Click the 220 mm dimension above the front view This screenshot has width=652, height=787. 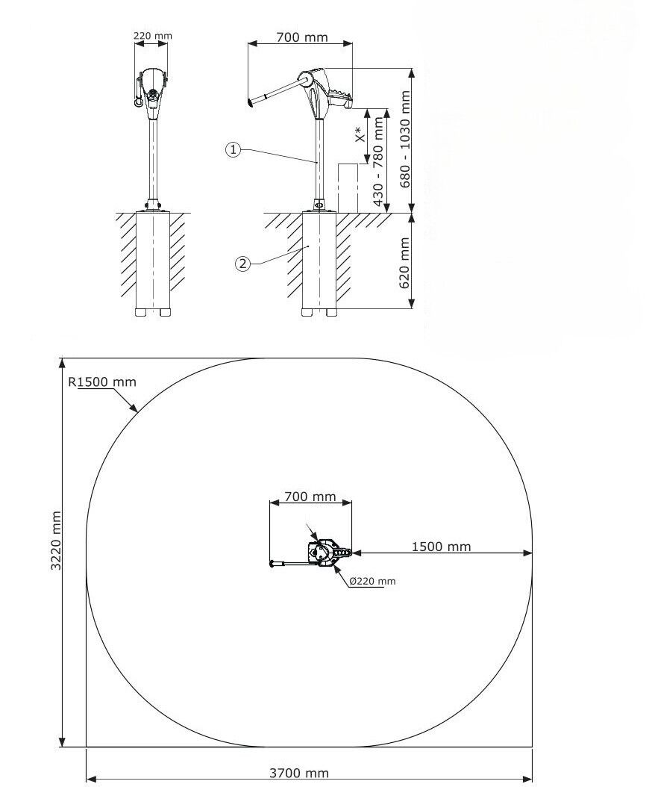(x=152, y=36)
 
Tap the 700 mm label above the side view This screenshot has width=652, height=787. (x=302, y=37)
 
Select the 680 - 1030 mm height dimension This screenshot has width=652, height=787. (x=405, y=139)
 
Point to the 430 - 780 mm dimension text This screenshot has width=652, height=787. (x=379, y=161)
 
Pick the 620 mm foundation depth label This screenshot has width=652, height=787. (x=404, y=263)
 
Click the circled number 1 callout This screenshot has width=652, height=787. (x=233, y=149)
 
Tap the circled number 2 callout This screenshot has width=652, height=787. (x=242, y=264)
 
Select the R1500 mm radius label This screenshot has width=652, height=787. (x=102, y=382)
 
